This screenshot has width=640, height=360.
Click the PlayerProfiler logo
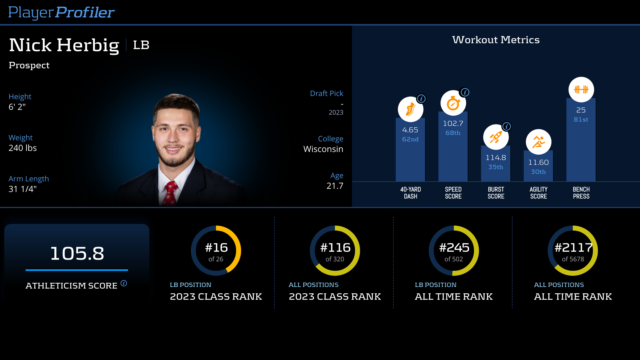[x=61, y=13]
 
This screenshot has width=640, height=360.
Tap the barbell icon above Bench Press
[x=581, y=90]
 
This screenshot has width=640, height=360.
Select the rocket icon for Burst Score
[x=496, y=137]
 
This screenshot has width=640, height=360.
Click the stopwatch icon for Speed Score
[x=453, y=103]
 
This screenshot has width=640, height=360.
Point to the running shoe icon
[x=410, y=109]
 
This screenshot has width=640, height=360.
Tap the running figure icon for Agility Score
[x=538, y=142]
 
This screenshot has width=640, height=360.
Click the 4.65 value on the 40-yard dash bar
[x=410, y=130]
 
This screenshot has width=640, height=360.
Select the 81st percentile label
[x=581, y=120]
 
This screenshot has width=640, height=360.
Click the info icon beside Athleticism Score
[x=124, y=283]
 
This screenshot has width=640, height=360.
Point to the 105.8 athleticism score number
[x=77, y=253]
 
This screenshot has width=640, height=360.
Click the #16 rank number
[x=216, y=248]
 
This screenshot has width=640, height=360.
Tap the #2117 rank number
[x=573, y=248]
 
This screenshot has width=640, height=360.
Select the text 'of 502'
[x=454, y=259]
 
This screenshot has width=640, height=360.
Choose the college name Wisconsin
[x=323, y=149]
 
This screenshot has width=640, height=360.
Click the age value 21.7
[x=335, y=186]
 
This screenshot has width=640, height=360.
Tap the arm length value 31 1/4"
[x=23, y=189]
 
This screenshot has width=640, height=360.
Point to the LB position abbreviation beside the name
[x=141, y=45]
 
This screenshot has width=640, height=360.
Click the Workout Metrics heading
[x=496, y=40]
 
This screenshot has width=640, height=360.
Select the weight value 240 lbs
[x=23, y=148]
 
